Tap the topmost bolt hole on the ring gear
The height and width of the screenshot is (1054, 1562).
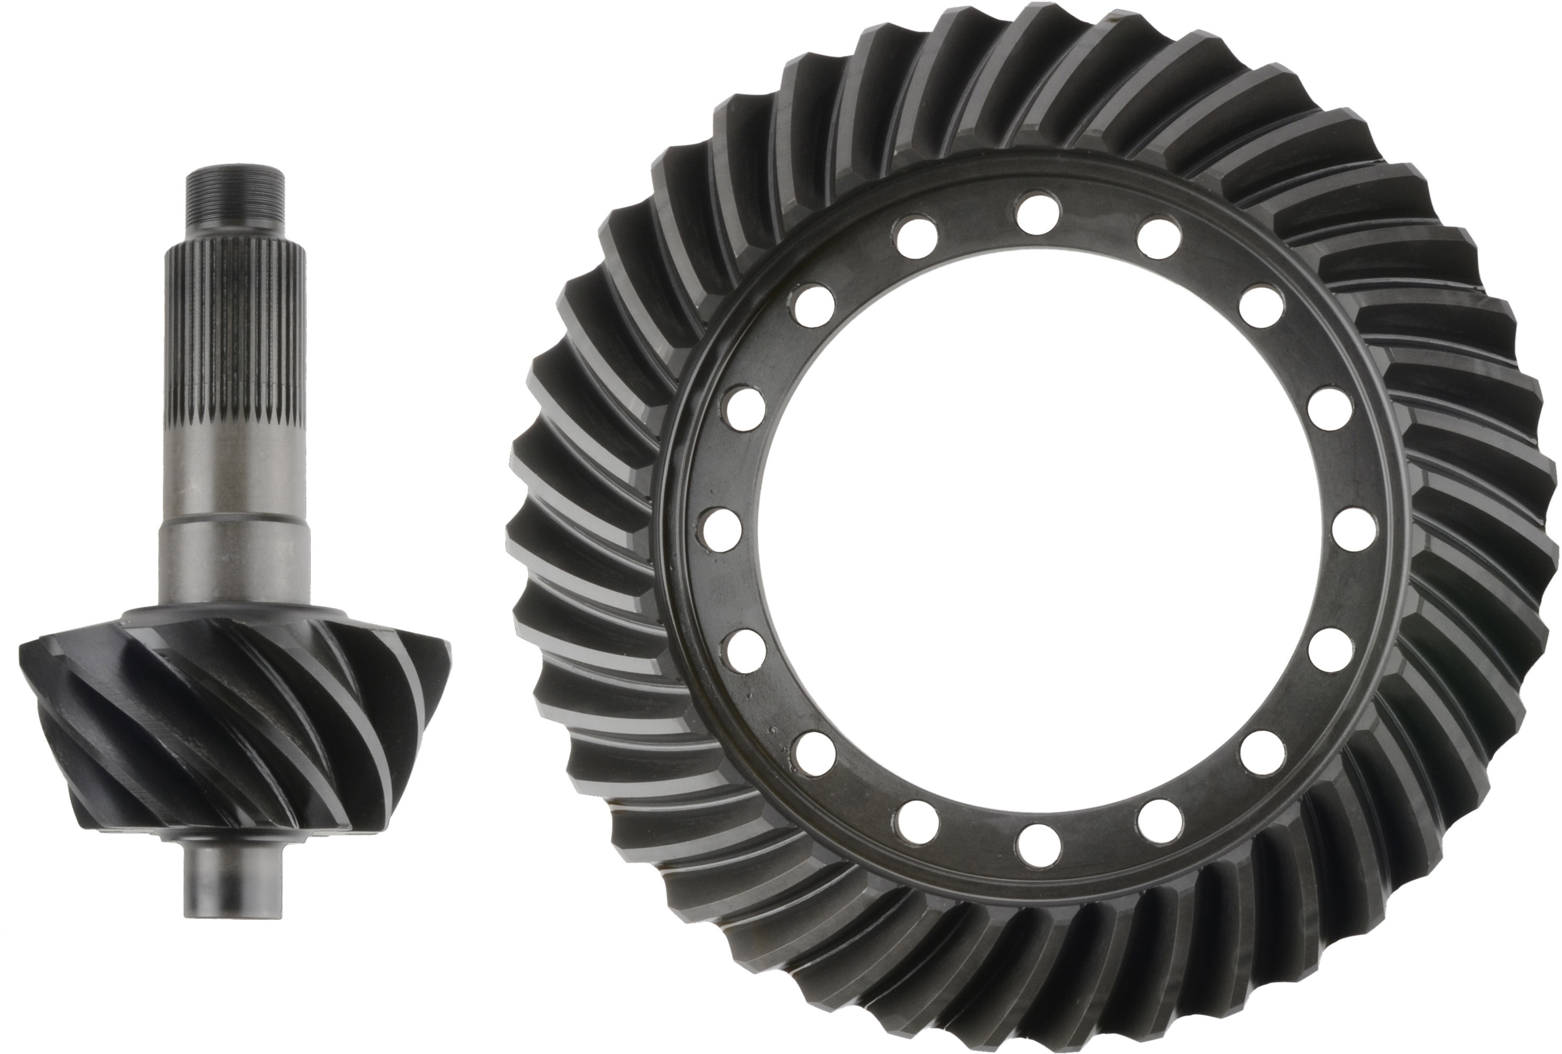click(x=1037, y=209)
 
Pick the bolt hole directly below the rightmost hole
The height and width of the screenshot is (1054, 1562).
click(x=1331, y=651)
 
